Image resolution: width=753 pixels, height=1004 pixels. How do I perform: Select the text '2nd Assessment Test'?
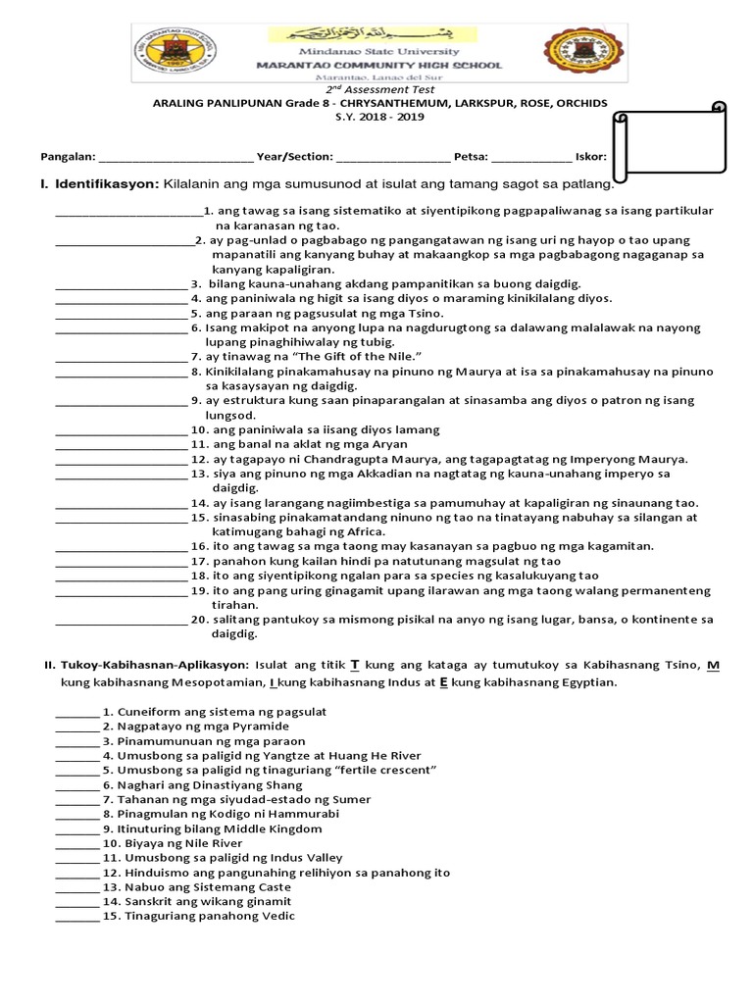[x=377, y=90]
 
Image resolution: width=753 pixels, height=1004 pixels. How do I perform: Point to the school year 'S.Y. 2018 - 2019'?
[x=377, y=117]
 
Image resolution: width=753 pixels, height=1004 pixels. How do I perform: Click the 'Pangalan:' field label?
[x=67, y=156]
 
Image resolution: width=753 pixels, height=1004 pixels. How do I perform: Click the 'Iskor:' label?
[x=590, y=156]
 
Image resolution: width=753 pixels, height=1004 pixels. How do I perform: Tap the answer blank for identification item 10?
[x=121, y=431]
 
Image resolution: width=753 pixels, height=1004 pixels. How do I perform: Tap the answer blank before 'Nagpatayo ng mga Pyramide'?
[x=75, y=728]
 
